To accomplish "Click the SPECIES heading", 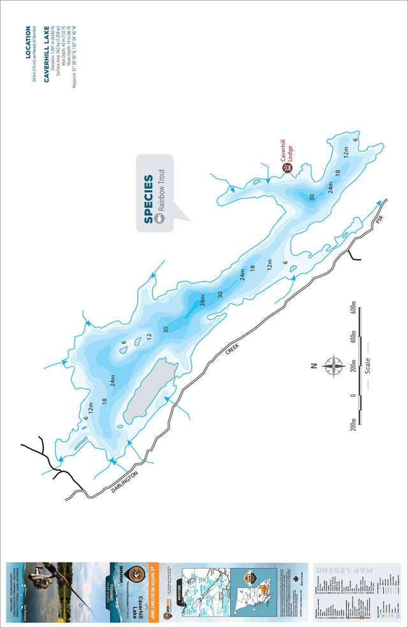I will [x=148, y=199].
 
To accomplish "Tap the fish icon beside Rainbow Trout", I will [x=161, y=218].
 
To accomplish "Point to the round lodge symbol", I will [x=287, y=169].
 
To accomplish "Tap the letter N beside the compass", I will [x=313, y=366].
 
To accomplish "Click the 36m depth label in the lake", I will [x=203, y=299].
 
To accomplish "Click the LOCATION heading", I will [x=27, y=41].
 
